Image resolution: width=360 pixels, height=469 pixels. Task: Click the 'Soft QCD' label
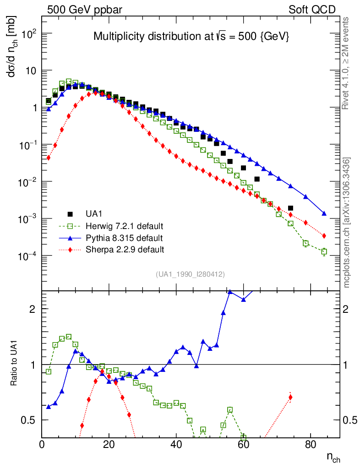(x=312, y=10)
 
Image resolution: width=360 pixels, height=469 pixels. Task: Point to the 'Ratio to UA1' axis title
(x=14, y=364)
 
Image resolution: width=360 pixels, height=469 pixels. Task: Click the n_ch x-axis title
(x=333, y=457)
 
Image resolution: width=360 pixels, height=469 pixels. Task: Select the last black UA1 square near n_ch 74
(x=290, y=208)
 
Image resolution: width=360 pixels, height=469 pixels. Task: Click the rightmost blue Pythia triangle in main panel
(x=324, y=213)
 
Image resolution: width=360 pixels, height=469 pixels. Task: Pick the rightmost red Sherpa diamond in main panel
(x=324, y=236)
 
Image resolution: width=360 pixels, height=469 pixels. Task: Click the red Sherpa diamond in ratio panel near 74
(x=290, y=397)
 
